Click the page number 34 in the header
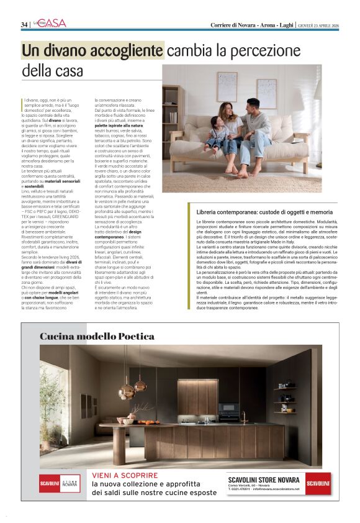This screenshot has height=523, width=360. coord(24,24)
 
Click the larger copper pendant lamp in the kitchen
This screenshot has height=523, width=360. coord(127,390)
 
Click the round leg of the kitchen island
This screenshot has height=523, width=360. coord(119,445)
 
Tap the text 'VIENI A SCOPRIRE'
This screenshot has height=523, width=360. coord(125,475)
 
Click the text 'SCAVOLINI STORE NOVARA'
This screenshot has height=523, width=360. coord(263,480)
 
